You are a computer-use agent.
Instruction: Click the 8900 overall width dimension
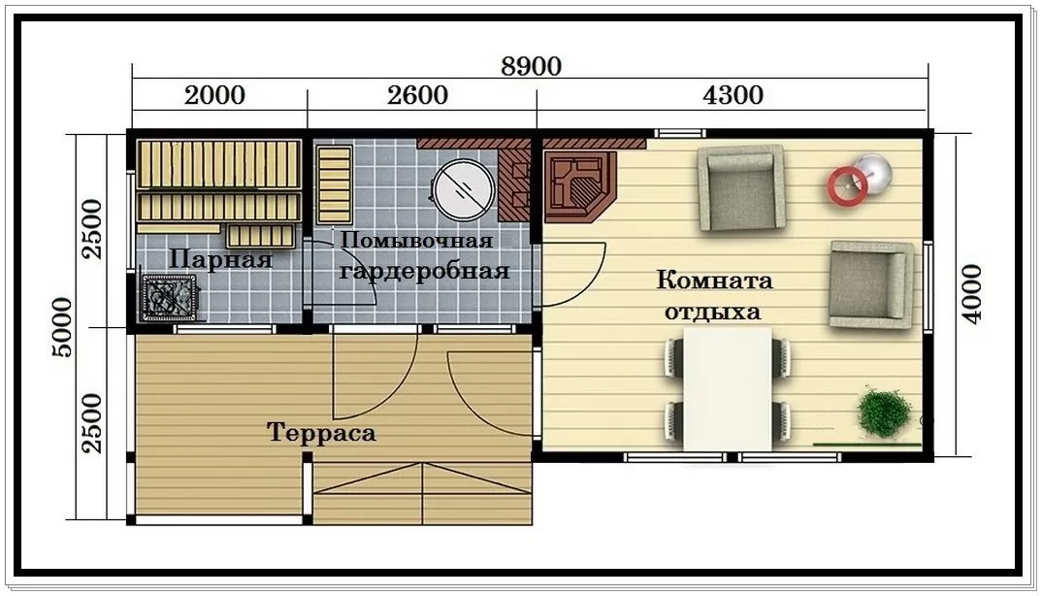[x=531, y=67]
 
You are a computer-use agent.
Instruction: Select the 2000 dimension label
[x=214, y=95]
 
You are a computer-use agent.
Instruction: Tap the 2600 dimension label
[x=417, y=95]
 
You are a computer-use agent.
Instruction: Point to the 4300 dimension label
[x=733, y=95]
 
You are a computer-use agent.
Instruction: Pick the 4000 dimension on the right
[x=971, y=294]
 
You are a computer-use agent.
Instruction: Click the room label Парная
[x=220, y=259]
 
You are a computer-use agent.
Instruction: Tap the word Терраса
[x=322, y=433]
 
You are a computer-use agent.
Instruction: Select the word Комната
[x=714, y=280]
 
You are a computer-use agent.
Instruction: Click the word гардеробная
[x=425, y=271]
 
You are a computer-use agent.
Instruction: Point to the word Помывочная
[x=416, y=240]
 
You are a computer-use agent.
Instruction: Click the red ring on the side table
[x=847, y=185]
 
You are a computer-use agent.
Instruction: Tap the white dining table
[x=728, y=389]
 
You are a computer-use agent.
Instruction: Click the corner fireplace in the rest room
[x=581, y=187]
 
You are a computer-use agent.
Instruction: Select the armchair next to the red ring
[x=740, y=188]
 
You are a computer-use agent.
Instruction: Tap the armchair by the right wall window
[x=870, y=284]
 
